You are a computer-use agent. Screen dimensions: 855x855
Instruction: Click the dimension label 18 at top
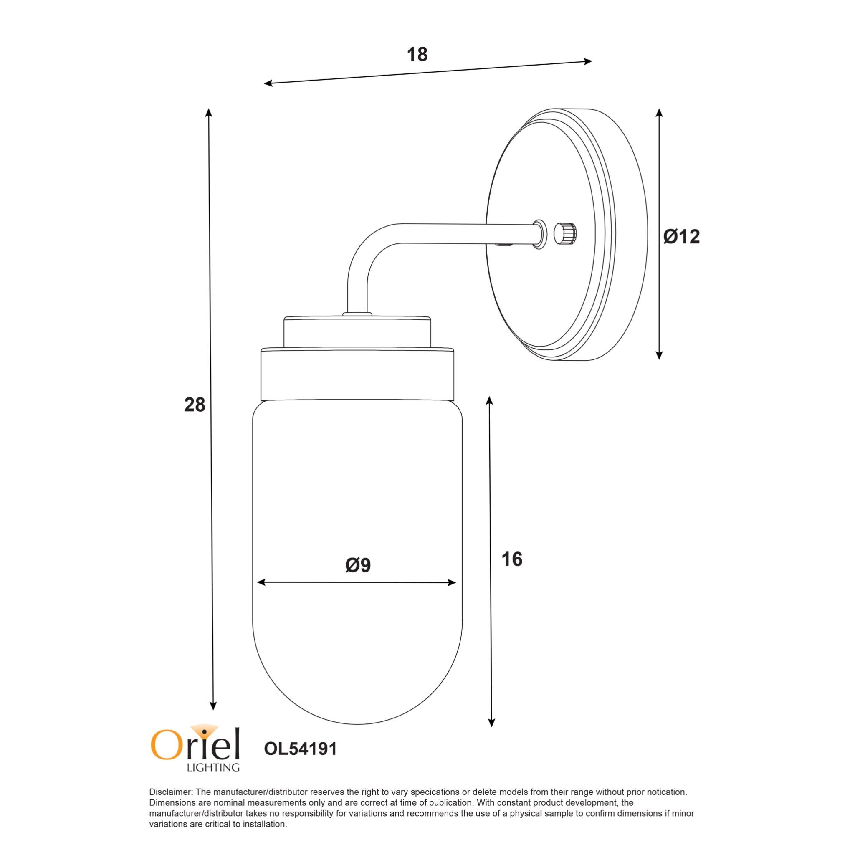pos(417,55)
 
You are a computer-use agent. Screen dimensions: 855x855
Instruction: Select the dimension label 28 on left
pos(195,405)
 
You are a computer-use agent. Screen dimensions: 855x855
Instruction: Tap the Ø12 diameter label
pos(681,237)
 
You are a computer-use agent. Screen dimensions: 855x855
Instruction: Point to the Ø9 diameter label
pos(358,565)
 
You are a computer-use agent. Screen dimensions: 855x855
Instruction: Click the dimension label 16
pos(512,559)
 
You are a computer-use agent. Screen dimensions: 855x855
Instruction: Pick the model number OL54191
pos(301,749)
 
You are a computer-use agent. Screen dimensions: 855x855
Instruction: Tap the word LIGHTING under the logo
pos(213,767)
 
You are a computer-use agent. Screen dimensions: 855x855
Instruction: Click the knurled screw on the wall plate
pos(567,232)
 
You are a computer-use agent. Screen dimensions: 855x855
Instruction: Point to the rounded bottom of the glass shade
pos(357,691)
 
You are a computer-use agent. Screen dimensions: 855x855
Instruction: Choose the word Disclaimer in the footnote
pos(170,792)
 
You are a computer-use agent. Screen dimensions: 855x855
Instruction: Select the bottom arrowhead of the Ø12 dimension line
pos(659,355)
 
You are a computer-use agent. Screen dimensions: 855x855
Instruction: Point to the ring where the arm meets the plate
pos(539,233)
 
